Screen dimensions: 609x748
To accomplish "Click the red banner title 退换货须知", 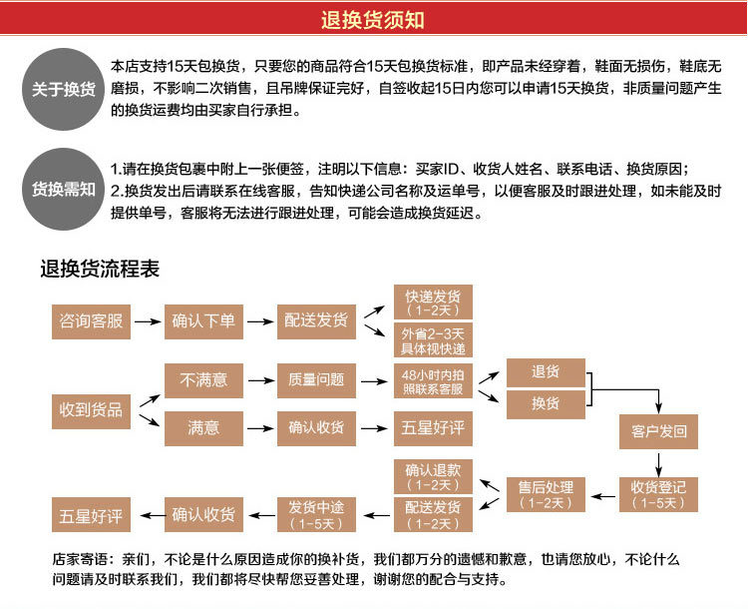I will tap(373, 19).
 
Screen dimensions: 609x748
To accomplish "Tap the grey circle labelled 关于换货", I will tap(63, 89).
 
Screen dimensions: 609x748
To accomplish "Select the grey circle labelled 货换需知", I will tap(63, 188).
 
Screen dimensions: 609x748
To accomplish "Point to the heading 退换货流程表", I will tap(100, 269).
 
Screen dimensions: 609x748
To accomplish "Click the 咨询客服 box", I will tap(91, 320).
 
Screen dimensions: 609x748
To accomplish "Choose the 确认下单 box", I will tap(203, 320).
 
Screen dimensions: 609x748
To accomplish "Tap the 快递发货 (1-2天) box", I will tap(433, 303).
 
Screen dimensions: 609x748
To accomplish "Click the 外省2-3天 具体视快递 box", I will tap(433, 340).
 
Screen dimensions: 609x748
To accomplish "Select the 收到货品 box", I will tap(91, 409).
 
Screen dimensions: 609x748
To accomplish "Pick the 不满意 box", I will tap(203, 379).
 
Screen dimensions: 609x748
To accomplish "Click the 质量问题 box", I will tap(316, 379).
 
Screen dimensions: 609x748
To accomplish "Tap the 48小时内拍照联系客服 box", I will tap(433, 380).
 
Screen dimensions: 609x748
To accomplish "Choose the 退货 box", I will tap(546, 372).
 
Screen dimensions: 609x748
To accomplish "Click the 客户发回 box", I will tap(659, 432).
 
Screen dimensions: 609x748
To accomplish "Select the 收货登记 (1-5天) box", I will tap(659, 495).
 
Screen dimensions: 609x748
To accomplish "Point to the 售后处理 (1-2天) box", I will tap(546, 495).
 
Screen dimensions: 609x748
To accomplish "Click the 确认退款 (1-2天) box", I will tap(433, 476).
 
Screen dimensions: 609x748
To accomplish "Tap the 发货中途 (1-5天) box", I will tap(316, 515).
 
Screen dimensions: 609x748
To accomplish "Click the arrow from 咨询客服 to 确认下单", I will tap(148, 321).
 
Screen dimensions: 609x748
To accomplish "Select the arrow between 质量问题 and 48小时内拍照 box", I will tap(375, 380).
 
